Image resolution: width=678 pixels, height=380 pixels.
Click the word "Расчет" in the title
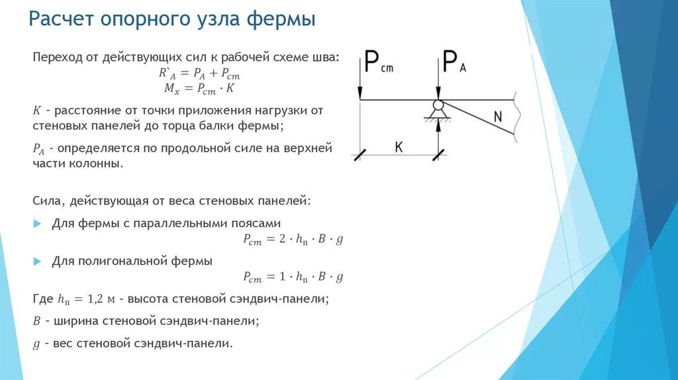[61, 19]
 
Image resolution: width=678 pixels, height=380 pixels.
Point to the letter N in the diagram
[498, 117]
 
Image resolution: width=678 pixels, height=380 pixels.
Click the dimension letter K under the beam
[399, 147]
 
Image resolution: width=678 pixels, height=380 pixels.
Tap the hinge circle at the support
[438, 105]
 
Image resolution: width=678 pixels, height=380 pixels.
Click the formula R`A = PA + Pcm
[199, 74]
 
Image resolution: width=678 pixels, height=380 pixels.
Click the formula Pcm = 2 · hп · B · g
[293, 241]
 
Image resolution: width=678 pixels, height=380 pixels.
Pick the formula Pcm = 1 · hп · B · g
[293, 277]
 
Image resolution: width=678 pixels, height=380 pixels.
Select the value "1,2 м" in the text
[102, 299]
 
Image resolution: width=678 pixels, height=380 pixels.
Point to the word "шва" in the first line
[326, 58]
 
